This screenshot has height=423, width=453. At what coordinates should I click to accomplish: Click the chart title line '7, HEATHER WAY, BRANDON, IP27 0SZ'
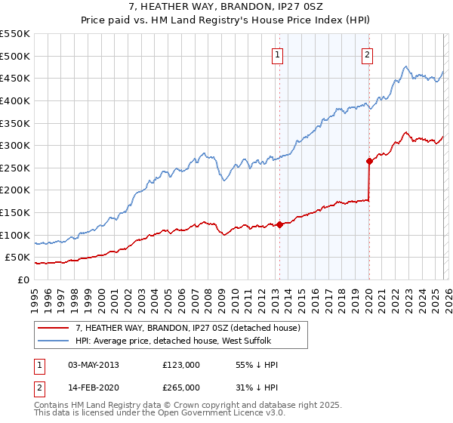(226, 7)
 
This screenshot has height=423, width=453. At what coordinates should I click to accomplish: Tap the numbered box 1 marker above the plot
(278, 54)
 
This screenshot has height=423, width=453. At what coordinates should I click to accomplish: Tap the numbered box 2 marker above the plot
(367, 54)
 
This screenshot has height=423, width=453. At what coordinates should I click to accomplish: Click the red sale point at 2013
(279, 224)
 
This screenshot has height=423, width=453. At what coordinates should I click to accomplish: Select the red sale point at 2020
(369, 161)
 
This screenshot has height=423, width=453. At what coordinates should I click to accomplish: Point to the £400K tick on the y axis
(15, 100)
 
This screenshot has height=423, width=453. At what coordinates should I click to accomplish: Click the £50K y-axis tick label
(18, 258)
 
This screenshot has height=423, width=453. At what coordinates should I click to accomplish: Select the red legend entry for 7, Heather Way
(188, 327)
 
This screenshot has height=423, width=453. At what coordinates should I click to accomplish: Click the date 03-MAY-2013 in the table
(93, 364)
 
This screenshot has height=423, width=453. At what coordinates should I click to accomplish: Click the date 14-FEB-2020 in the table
(93, 387)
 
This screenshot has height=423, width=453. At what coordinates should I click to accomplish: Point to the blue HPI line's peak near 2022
(406, 66)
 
